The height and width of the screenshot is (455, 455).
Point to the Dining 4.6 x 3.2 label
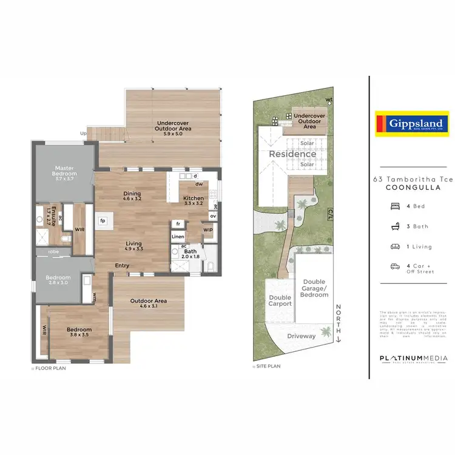tap(132, 196)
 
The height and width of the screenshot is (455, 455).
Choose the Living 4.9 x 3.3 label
tap(133, 246)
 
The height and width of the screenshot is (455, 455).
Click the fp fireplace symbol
tap(103, 220)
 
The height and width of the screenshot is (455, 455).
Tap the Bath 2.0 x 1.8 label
tap(190, 254)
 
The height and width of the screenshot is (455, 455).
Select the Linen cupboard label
tap(177, 237)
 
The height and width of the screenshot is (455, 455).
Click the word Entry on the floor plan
tap(123, 265)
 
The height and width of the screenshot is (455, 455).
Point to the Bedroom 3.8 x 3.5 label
tap(79, 332)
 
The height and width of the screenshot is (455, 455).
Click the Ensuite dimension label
tap(51, 215)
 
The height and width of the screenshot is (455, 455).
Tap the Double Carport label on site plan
tap(280, 300)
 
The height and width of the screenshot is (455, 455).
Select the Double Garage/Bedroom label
tap(314, 288)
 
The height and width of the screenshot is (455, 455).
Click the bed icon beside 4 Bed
tap(395, 206)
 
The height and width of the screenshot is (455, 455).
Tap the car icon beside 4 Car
tap(395, 266)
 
